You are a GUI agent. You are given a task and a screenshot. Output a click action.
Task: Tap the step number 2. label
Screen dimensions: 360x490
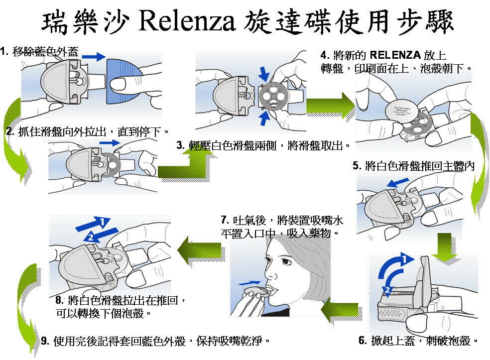(10, 132)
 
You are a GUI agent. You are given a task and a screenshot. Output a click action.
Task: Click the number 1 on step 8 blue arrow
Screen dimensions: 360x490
(102, 221)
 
